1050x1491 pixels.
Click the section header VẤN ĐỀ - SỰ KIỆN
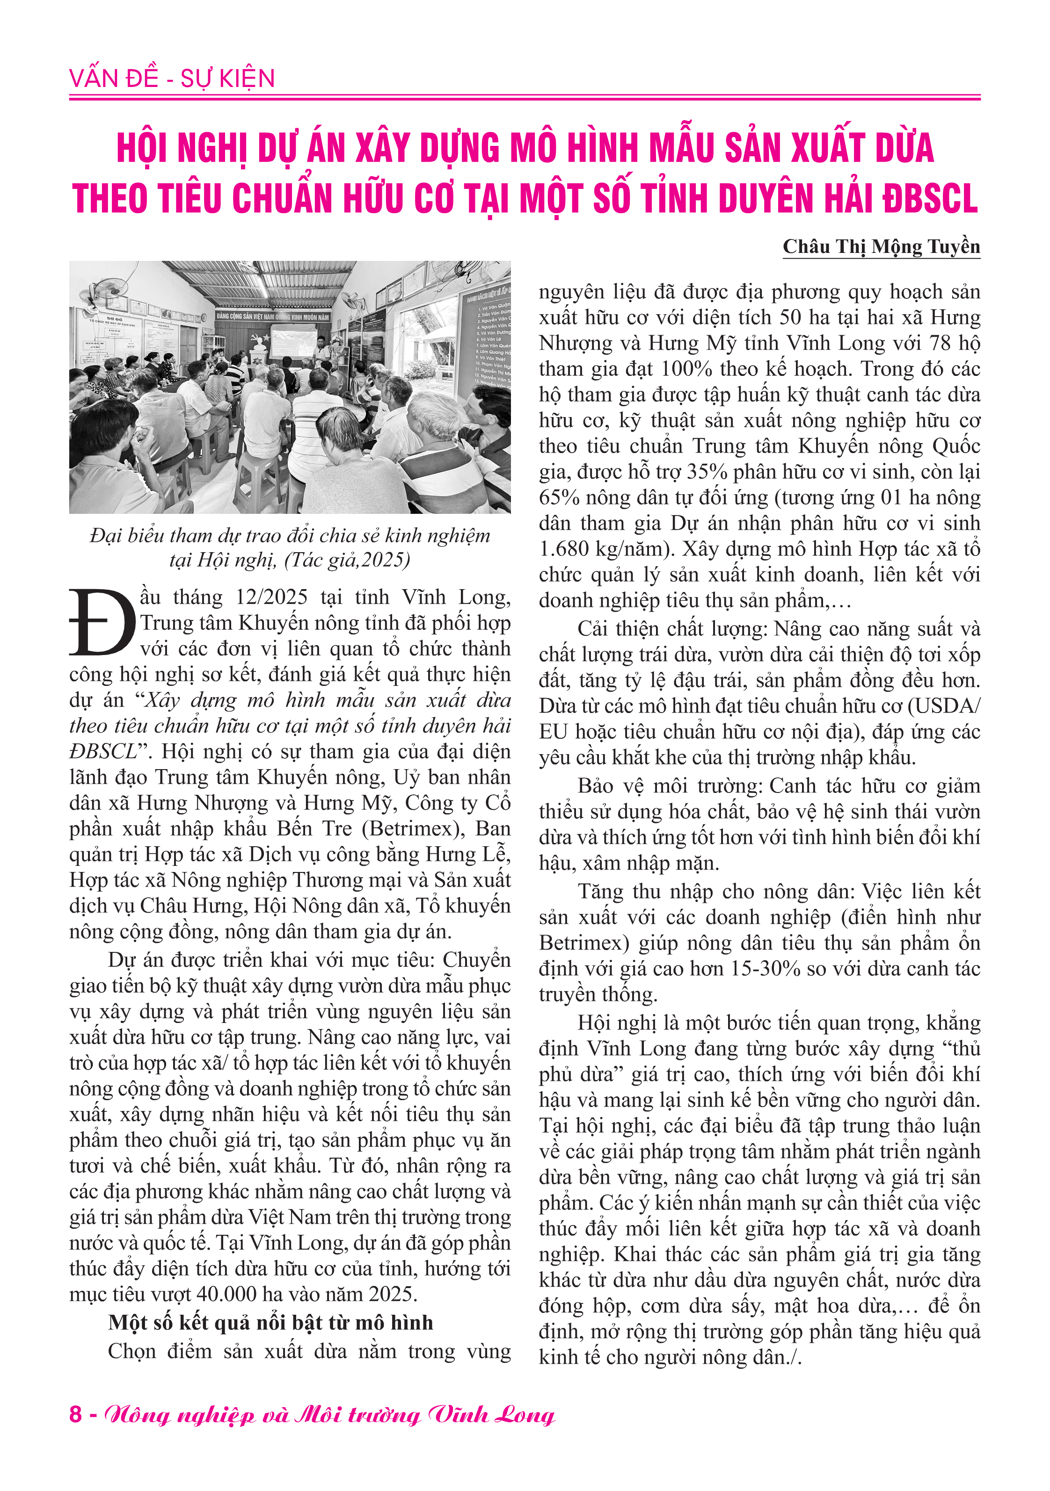(172, 79)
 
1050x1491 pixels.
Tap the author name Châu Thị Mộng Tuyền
(881, 247)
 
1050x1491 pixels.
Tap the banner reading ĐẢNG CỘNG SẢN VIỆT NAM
(273, 317)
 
